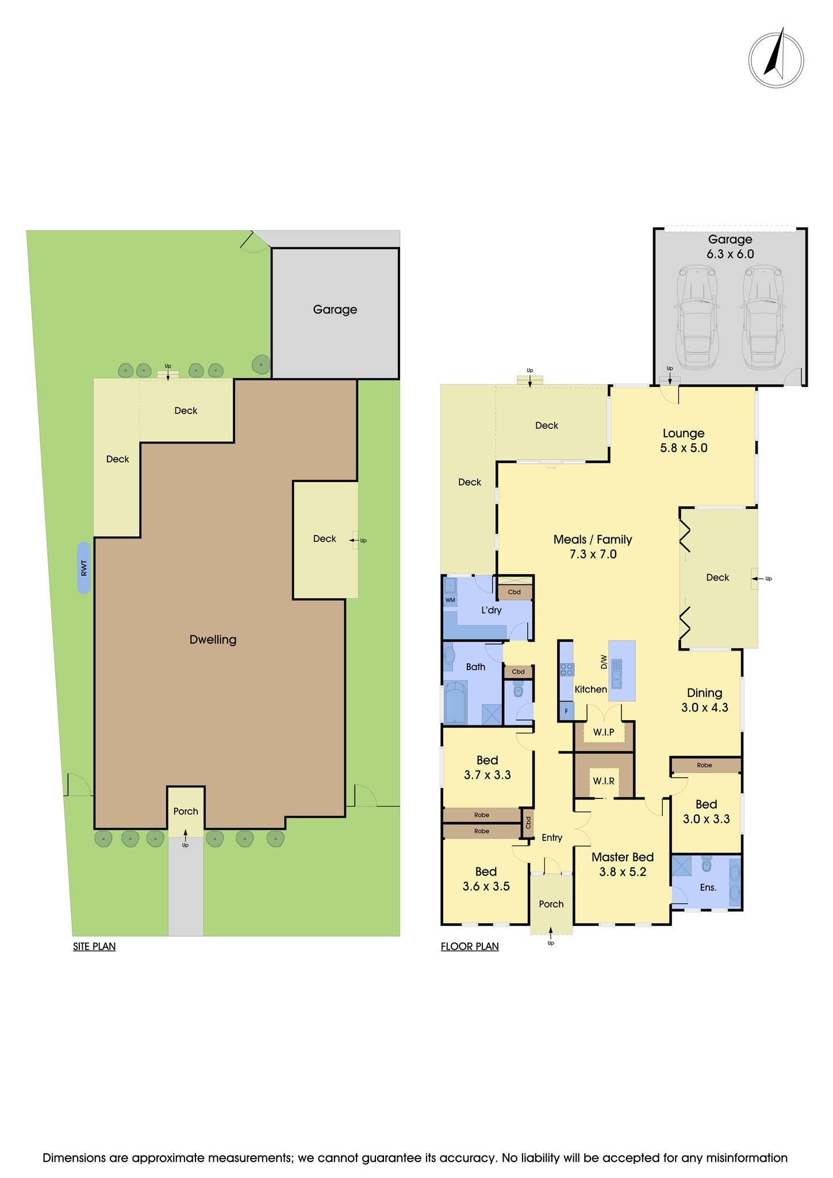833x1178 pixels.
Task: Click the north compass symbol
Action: click(x=776, y=60)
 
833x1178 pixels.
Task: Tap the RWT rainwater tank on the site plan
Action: click(x=84, y=568)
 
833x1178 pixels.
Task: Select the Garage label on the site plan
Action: click(x=335, y=309)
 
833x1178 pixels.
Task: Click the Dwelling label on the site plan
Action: click(x=213, y=640)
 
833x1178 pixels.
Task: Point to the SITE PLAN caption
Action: click(x=94, y=946)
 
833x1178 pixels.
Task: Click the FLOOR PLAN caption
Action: click(x=470, y=946)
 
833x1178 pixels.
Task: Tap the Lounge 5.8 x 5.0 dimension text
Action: click(x=683, y=448)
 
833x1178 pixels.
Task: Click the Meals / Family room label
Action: click(x=592, y=540)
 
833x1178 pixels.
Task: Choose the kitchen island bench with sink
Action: click(x=622, y=671)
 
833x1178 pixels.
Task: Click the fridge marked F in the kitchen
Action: click(x=566, y=711)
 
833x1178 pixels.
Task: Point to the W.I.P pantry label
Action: click(x=604, y=732)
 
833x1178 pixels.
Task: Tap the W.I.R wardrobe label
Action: click(x=604, y=781)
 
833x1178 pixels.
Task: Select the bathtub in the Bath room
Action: click(x=456, y=702)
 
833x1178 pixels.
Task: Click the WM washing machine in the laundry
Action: click(x=450, y=600)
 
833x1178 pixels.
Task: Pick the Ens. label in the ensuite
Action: click(x=708, y=888)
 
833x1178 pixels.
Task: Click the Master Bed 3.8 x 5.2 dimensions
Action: click(x=623, y=872)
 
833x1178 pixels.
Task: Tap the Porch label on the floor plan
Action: click(x=551, y=904)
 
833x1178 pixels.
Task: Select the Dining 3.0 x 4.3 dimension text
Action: click(x=704, y=708)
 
